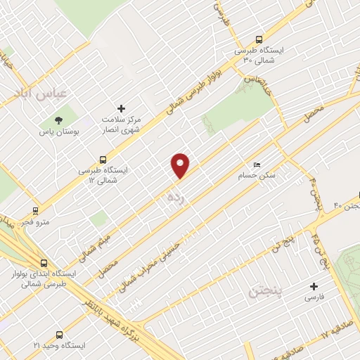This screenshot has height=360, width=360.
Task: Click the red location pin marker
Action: [x=181, y=165]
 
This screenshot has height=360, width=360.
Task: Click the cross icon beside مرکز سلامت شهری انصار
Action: [x=122, y=109]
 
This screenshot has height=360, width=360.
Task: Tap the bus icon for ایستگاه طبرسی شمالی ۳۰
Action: [x=259, y=40]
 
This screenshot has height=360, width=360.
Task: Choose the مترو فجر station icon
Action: [x=35, y=210]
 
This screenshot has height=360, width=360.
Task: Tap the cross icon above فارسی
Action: [x=314, y=286]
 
